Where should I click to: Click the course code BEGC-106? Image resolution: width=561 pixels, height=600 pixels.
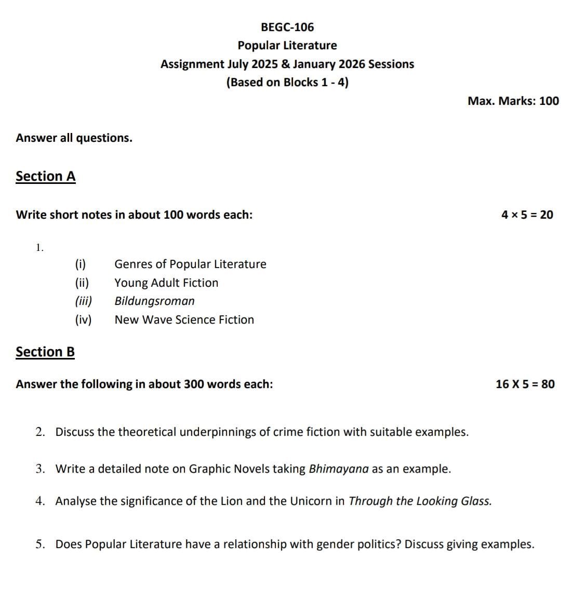(x=287, y=27)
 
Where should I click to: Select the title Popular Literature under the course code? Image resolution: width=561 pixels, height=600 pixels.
(x=287, y=46)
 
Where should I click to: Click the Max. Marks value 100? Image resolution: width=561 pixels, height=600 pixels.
(x=549, y=101)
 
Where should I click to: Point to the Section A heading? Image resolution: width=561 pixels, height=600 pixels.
(x=46, y=177)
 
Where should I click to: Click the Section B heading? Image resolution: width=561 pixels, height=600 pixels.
(x=45, y=352)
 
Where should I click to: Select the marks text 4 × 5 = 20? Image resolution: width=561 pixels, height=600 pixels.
(x=527, y=215)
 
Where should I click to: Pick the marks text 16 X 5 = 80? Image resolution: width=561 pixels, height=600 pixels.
(x=525, y=384)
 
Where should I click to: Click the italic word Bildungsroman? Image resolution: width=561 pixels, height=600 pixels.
(x=155, y=301)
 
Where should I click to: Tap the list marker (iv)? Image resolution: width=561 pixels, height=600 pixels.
(x=83, y=320)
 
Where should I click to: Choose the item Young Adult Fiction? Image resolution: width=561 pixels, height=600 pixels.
(x=166, y=283)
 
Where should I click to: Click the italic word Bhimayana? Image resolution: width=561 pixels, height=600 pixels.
(x=339, y=469)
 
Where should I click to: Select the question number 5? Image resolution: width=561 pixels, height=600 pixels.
(x=40, y=544)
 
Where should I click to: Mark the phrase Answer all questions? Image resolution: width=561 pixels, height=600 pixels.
(x=74, y=138)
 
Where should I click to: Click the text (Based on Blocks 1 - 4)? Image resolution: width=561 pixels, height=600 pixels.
(x=287, y=83)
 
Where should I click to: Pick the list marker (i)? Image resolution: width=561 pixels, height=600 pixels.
(x=81, y=264)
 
